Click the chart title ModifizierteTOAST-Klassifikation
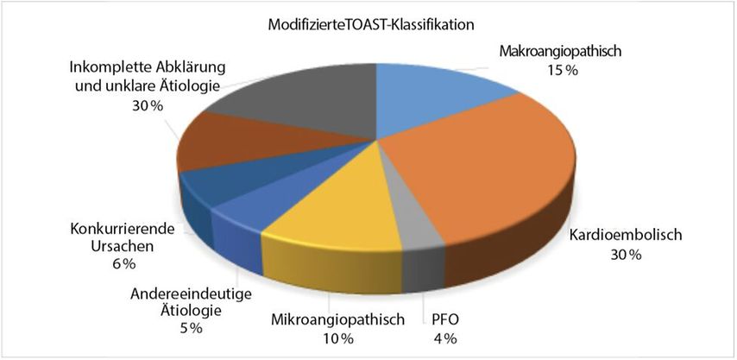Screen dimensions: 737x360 (370, 25)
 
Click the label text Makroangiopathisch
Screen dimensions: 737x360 (561, 52)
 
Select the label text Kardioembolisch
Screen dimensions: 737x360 (626, 235)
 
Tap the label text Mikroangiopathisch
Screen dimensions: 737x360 (338, 320)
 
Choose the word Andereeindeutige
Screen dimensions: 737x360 (191, 294)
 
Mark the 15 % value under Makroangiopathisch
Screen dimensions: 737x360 (562, 71)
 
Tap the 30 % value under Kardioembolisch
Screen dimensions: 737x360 (626, 255)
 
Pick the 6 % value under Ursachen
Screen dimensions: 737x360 (123, 263)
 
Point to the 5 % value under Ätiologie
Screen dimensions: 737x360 (190, 327)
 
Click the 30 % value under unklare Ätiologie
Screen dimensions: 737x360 (148, 106)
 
